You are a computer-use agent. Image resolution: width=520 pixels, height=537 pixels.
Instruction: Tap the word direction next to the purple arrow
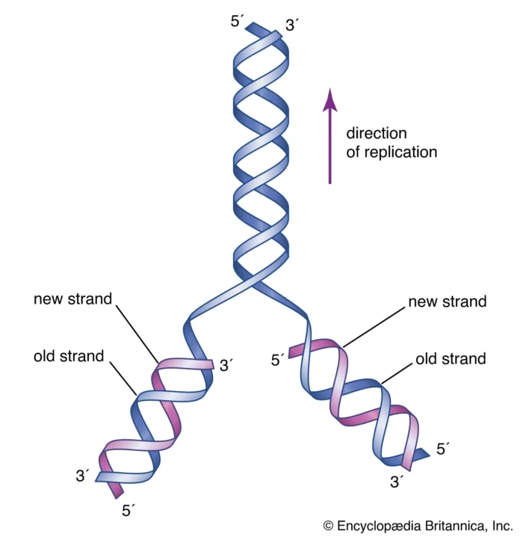click(376, 133)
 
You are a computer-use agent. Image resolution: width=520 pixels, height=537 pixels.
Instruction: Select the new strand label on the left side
click(72, 299)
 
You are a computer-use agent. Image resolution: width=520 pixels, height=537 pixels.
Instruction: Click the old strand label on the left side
click(69, 356)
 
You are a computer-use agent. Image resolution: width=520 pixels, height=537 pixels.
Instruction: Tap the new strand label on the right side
click(447, 302)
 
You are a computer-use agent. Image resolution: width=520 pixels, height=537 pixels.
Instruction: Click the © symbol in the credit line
click(327, 525)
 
